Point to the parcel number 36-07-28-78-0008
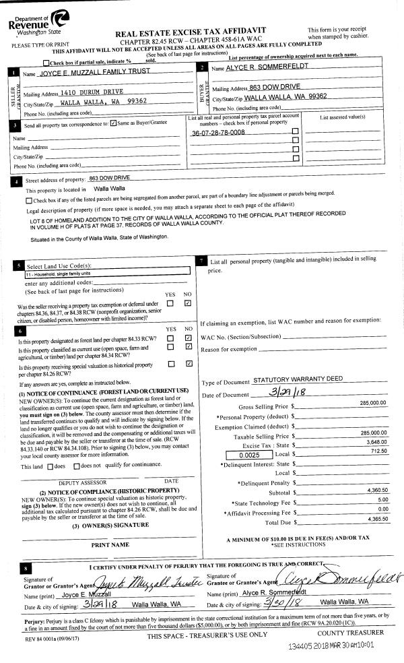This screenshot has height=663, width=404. click(x=218, y=133)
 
